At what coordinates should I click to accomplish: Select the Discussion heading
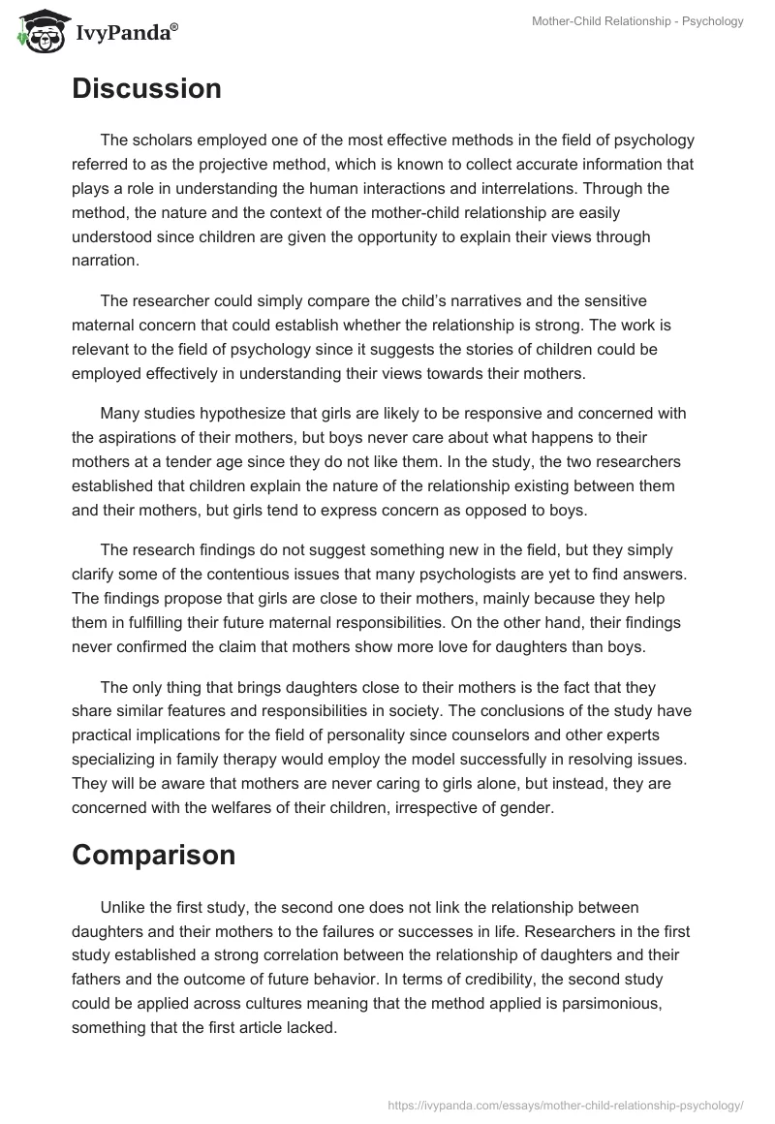click(146, 89)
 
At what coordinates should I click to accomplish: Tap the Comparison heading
click(153, 855)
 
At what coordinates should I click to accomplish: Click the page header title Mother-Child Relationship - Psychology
click(637, 21)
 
